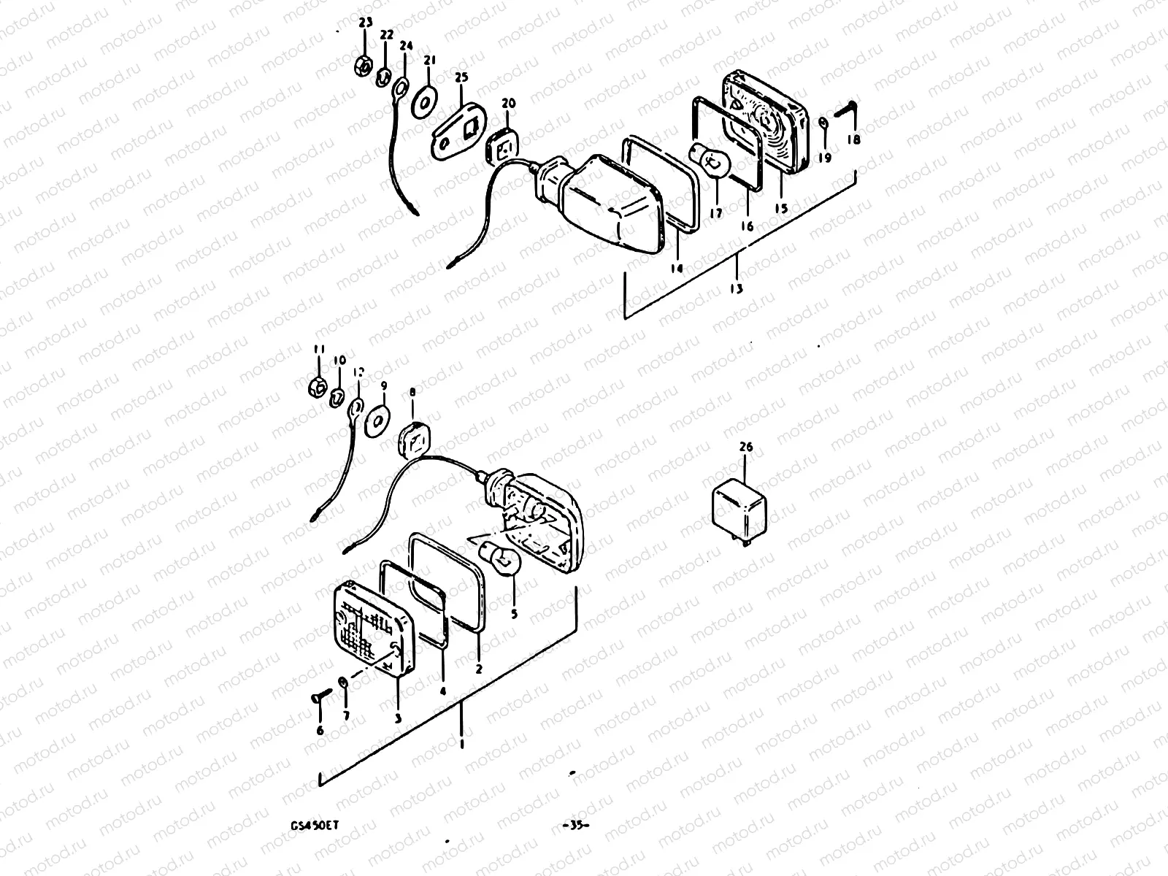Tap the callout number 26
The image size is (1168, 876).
tap(745, 447)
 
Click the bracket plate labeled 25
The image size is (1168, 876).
tap(461, 131)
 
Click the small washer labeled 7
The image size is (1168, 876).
tap(343, 684)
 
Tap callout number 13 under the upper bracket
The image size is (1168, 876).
tap(735, 288)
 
